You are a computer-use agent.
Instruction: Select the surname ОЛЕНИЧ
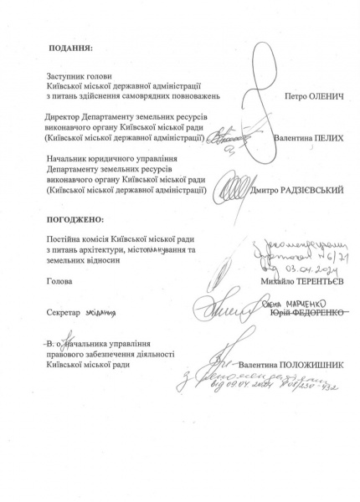(x=323, y=98)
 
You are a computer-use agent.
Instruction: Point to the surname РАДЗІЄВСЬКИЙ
(x=307, y=190)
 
